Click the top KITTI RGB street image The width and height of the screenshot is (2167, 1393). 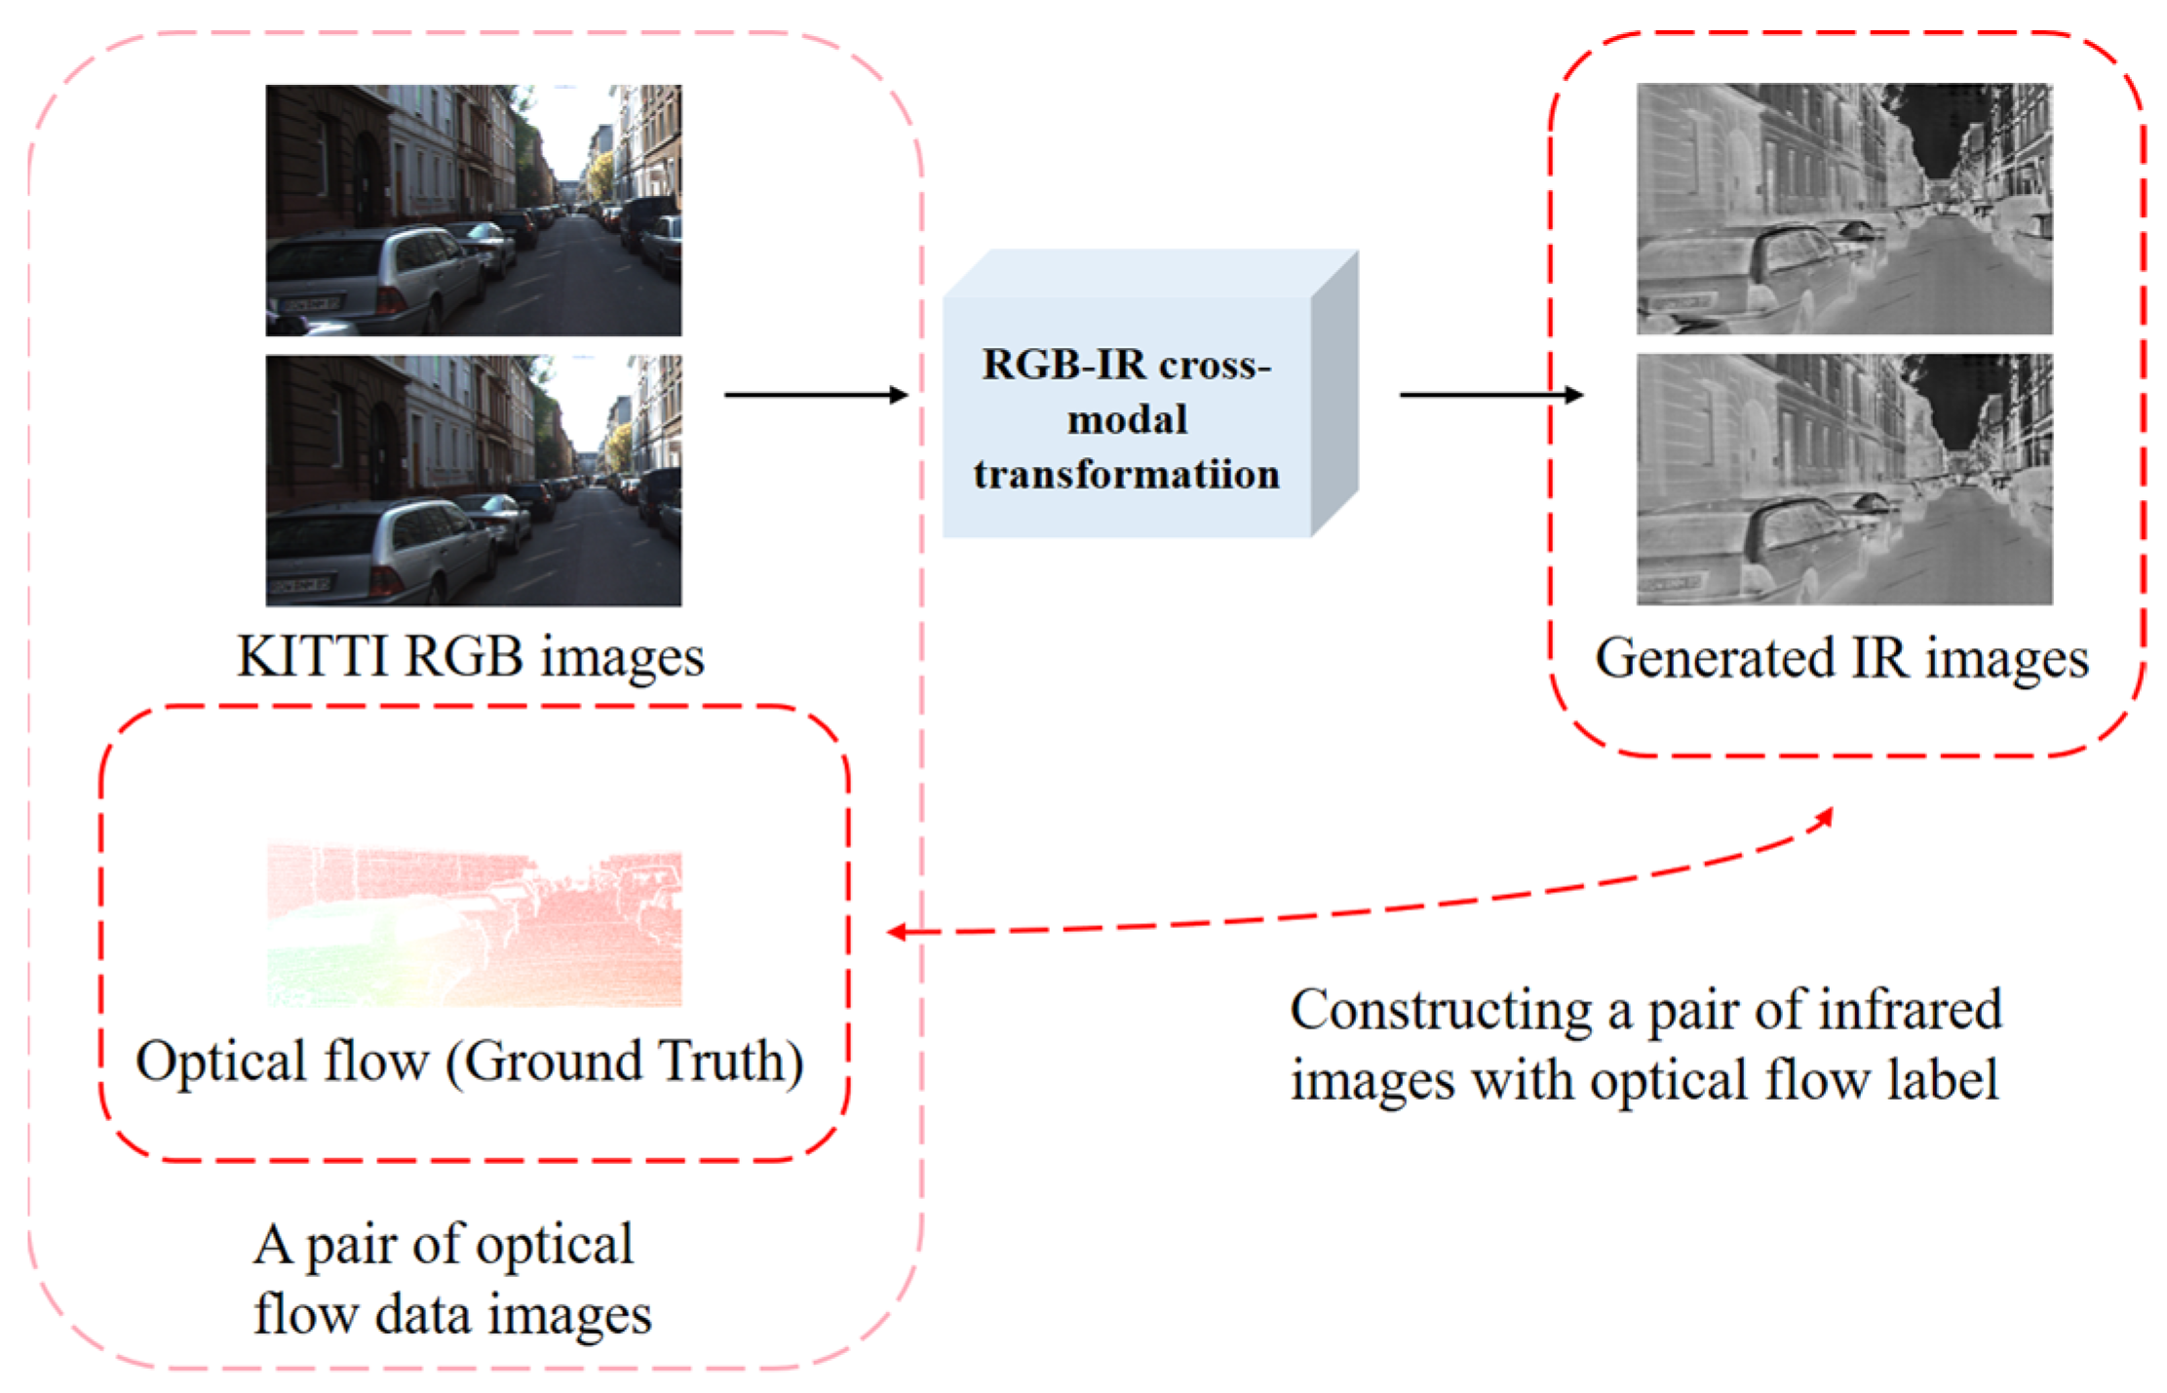tap(474, 210)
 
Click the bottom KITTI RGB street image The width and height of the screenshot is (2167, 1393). tap(474, 480)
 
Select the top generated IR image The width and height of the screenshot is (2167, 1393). tap(1844, 209)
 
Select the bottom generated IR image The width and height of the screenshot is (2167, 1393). tap(1844, 479)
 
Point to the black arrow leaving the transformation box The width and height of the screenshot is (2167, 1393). tap(1490, 395)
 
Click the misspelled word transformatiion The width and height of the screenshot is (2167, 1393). tap(1127, 475)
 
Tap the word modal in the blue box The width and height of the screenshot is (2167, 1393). tap(1127, 420)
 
